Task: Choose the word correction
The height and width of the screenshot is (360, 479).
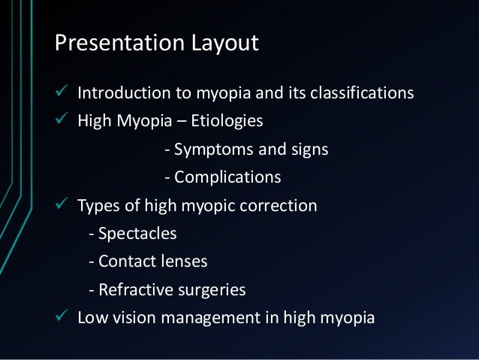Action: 282,206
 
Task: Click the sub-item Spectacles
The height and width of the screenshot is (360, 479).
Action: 136,234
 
